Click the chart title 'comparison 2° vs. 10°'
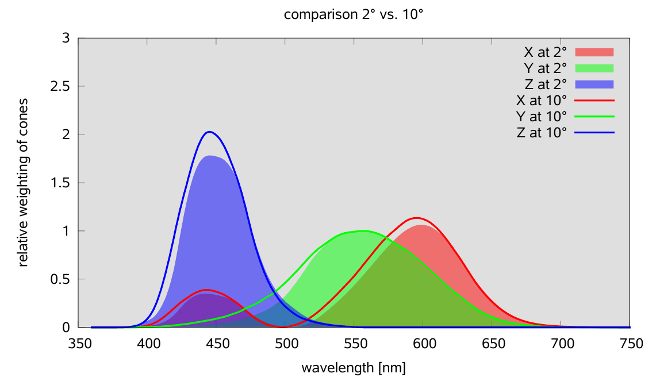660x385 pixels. (354, 15)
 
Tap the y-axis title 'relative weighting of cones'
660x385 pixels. (24, 183)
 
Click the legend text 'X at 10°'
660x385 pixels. (542, 101)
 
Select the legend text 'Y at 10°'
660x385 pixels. (542, 117)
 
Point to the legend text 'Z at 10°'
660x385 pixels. (542, 133)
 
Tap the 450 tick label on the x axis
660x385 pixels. (217, 344)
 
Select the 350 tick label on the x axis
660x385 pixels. (79, 344)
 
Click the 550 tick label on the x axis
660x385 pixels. (355, 344)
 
